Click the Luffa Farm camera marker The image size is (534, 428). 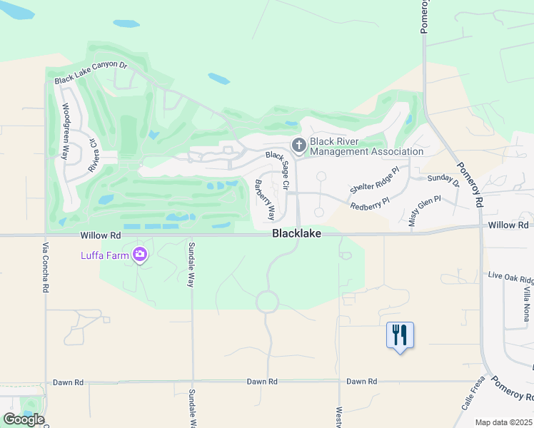(x=140, y=254)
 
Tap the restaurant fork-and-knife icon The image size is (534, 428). (x=400, y=334)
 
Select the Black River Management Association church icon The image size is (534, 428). (x=298, y=146)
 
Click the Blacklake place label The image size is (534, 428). (x=296, y=233)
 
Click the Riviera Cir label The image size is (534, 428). (x=93, y=154)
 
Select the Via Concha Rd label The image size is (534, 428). (x=45, y=267)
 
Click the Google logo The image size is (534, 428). (x=23, y=419)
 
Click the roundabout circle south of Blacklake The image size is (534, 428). (x=268, y=301)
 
